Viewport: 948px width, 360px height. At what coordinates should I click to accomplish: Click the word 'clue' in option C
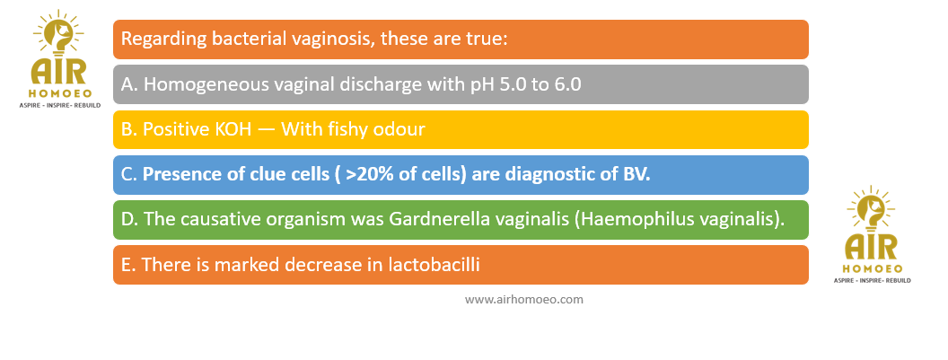pos(254,174)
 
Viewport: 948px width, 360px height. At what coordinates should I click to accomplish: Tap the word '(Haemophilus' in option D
pos(627,220)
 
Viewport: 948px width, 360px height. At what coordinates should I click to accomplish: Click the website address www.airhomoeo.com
pos(524,300)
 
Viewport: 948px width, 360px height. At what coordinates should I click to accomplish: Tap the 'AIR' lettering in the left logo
pos(58,72)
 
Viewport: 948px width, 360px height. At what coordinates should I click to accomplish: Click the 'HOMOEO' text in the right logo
pos(873,268)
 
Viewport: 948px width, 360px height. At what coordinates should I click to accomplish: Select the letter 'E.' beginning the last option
pos(128,265)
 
